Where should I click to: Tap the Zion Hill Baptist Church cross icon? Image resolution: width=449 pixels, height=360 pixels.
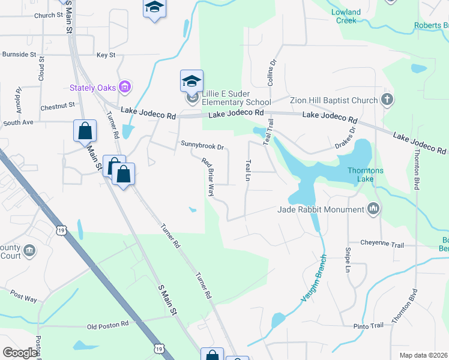tap(387, 100)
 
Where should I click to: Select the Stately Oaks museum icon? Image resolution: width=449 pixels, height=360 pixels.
tap(125, 88)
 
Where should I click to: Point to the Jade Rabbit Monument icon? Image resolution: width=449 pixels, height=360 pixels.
tap(373, 209)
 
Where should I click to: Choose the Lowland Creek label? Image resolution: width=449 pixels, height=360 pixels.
tap(346, 16)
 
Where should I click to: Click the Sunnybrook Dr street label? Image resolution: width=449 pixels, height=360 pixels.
tap(202, 145)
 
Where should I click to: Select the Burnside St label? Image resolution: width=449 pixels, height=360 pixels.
tap(19, 54)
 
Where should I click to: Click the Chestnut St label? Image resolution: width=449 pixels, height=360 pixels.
tap(57, 106)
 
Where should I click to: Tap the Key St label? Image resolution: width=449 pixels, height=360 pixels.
tap(106, 55)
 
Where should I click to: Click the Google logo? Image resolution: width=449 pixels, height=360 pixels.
tap(20, 353)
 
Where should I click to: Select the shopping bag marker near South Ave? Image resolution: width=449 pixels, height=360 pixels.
tap(85, 131)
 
